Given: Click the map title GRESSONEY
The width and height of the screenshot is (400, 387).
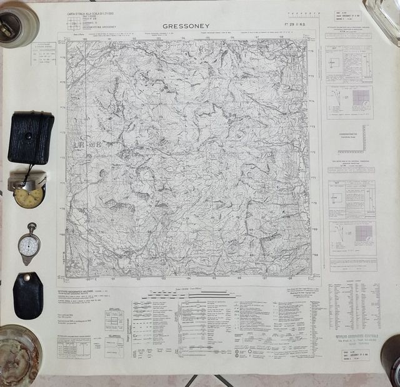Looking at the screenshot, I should click(186, 26).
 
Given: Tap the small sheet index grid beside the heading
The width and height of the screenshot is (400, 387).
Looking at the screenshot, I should click(73, 23).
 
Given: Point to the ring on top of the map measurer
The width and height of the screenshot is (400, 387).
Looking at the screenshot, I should click(32, 226).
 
